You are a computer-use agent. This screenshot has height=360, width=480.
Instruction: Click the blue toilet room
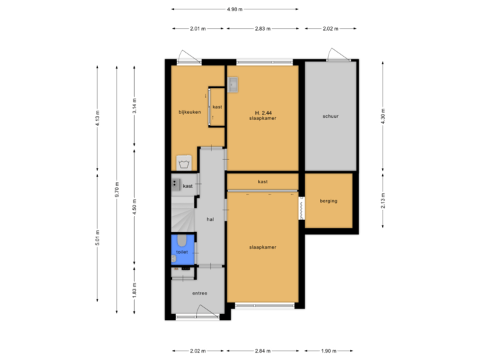coord(183,248)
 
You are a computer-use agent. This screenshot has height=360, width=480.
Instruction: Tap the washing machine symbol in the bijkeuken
coord(184,163)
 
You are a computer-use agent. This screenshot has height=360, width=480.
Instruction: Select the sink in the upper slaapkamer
coord(233,85)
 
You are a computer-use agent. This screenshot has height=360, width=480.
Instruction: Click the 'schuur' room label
coord(329,116)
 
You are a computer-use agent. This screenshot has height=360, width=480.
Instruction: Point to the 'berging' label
coord(328,201)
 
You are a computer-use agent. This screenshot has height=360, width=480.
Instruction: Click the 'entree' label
coord(199,293)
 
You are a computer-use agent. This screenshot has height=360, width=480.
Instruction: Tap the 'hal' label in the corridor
coord(210,219)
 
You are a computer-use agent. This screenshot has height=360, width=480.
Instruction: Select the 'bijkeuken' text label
coord(189,111)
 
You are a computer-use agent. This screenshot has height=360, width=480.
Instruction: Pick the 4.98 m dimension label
coord(234,9)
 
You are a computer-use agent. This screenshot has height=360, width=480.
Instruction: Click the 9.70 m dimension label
coord(116,190)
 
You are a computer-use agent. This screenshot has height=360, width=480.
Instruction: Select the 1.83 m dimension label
coord(134,290)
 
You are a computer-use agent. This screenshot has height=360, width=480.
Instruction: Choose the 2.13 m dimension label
coord(382,201)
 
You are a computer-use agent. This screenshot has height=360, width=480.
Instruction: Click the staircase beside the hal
coord(181,217)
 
